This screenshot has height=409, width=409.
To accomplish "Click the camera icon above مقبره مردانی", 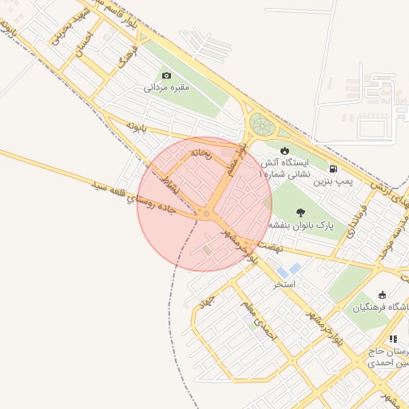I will pyautogui.click(x=167, y=74).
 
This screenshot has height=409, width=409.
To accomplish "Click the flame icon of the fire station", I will pyautogui.click(x=284, y=150).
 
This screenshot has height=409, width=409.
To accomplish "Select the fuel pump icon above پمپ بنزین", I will pyautogui.click(x=332, y=169).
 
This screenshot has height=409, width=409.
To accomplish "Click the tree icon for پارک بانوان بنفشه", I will pyautogui.click(x=300, y=212).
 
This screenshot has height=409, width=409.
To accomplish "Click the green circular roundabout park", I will pyautogui.click(x=261, y=125).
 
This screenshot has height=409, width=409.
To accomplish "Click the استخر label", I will pyautogui.click(x=284, y=283).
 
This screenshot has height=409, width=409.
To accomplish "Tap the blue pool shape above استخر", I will pyautogui.click(x=294, y=269).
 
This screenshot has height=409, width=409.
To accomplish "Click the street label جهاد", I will pyautogui.click(x=207, y=302).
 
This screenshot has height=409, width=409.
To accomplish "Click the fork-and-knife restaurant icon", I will pyautogui.click(x=391, y=340).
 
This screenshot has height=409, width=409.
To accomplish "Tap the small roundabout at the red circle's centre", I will pyautogui.click(x=206, y=214).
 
